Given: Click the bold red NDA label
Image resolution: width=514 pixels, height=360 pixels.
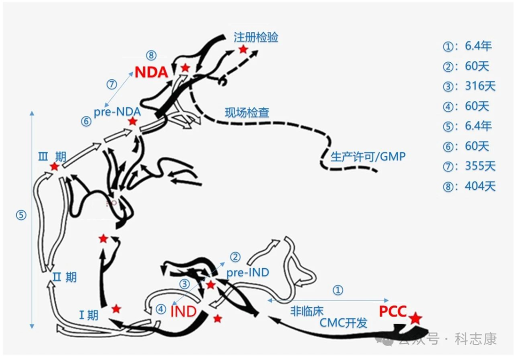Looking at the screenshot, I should tap(151, 72).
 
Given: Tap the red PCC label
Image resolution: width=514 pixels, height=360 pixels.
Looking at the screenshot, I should tap(393, 312).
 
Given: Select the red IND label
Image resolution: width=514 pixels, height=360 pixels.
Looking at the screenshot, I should tap(183, 312).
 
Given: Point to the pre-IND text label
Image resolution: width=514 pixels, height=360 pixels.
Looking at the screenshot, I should tap(247, 272).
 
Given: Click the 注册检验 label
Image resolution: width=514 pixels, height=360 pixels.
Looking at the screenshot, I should tap(256, 38).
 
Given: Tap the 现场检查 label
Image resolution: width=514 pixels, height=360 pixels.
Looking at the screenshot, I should tap(247, 113).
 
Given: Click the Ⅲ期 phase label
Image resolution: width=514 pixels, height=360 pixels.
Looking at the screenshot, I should tap(53, 156).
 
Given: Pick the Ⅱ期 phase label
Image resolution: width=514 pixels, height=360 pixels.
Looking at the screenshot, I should tap(64, 277).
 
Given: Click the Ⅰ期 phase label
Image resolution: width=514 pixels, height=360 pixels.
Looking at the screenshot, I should tap(89, 314).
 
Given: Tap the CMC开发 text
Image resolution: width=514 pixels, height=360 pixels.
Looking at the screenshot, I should tap(344, 323).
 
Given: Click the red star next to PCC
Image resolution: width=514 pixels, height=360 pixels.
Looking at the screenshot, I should tap(415, 318).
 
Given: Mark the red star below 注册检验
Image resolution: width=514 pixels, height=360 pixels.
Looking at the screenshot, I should tap(243, 49).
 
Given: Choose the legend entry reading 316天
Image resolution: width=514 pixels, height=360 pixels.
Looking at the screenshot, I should tap(469, 86).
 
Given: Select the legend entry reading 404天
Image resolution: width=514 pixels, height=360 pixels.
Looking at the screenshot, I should tap(469, 186).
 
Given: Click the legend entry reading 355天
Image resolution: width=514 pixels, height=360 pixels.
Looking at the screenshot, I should tap(469, 166).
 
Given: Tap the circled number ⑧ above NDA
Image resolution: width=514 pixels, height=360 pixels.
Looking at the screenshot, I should tap(151, 56).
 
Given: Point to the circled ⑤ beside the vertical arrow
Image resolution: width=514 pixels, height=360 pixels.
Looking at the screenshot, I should tap(21, 215).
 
